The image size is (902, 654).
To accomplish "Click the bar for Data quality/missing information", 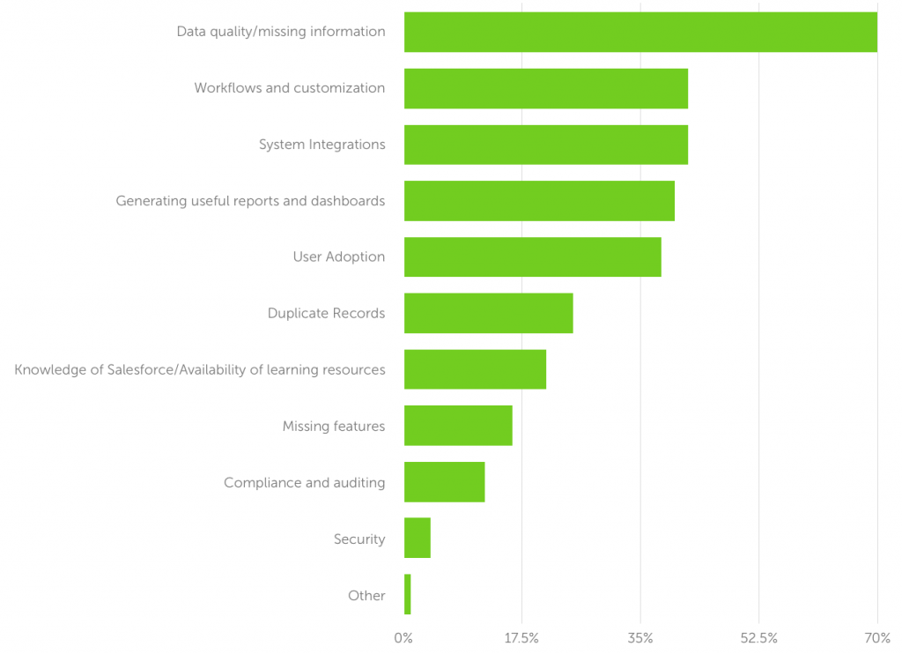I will click(x=640, y=32).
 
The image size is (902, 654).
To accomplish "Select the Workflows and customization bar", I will click(x=546, y=88).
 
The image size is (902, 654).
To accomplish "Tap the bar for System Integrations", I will click(x=546, y=145).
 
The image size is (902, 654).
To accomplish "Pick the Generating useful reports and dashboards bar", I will click(x=539, y=201).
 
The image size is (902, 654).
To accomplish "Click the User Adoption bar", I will click(x=533, y=257).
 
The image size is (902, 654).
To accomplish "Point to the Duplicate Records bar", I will click(x=489, y=314).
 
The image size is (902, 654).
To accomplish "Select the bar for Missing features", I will click(x=458, y=426).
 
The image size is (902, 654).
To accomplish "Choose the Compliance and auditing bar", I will click(x=445, y=482).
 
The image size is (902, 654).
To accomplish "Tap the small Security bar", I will click(x=418, y=538).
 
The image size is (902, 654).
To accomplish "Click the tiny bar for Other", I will click(x=408, y=594).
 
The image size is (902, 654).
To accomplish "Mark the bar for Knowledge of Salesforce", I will click(x=476, y=369).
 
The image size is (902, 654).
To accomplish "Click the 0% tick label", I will click(x=403, y=637).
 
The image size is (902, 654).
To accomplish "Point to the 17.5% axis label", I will click(x=522, y=637).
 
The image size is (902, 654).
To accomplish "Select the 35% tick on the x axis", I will click(x=640, y=637).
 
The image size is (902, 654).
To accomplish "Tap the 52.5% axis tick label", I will click(x=758, y=637).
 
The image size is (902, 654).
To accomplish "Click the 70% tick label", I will click(x=876, y=637).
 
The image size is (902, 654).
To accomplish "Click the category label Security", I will click(x=359, y=539).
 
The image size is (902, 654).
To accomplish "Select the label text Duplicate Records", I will click(x=326, y=314).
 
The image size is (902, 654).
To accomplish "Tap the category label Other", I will click(x=366, y=596).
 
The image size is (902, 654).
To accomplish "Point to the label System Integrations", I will click(x=322, y=145).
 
